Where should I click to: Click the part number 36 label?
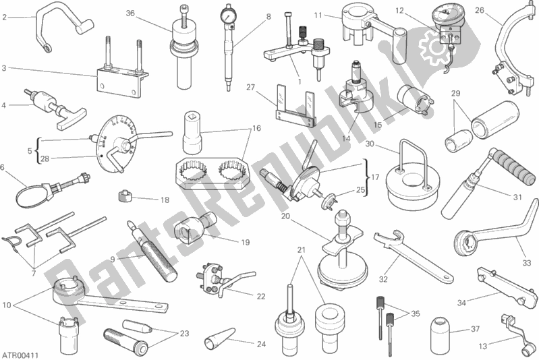(x=130, y=13)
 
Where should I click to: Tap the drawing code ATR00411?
(x=20, y=355)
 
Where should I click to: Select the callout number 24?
(x=261, y=344)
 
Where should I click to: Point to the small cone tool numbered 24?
(x=217, y=336)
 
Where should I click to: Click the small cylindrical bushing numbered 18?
(x=125, y=196)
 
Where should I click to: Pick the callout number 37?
(x=475, y=329)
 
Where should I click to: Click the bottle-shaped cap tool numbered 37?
(x=441, y=330)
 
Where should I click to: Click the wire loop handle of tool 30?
(x=414, y=158)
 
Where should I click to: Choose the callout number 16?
(x=257, y=128)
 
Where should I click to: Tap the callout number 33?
(x=527, y=263)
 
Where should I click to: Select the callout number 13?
(x=483, y=347)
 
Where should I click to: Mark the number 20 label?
(x=285, y=216)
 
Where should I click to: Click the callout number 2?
(x=4, y=17)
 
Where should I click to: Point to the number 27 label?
(x=250, y=87)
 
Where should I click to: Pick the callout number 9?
(x=113, y=260)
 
